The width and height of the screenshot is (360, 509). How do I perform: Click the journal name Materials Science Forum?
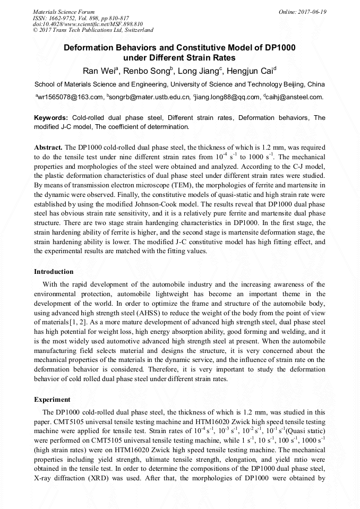(64, 12)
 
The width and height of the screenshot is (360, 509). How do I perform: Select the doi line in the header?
(88, 24)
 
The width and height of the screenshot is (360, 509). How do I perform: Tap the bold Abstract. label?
(48, 146)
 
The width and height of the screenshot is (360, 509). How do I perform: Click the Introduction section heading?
(54, 272)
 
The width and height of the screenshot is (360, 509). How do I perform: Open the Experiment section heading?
(52, 399)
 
